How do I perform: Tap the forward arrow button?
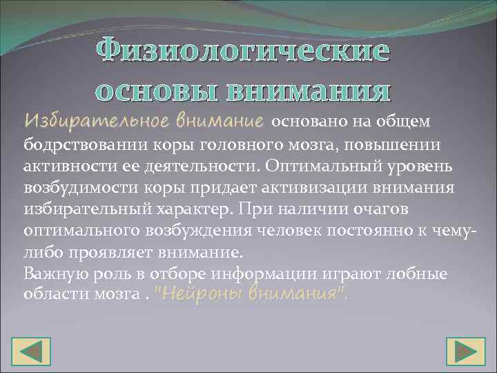[x=465, y=352]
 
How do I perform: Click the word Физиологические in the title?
[x=242, y=52]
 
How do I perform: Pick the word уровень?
[x=431, y=167]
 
